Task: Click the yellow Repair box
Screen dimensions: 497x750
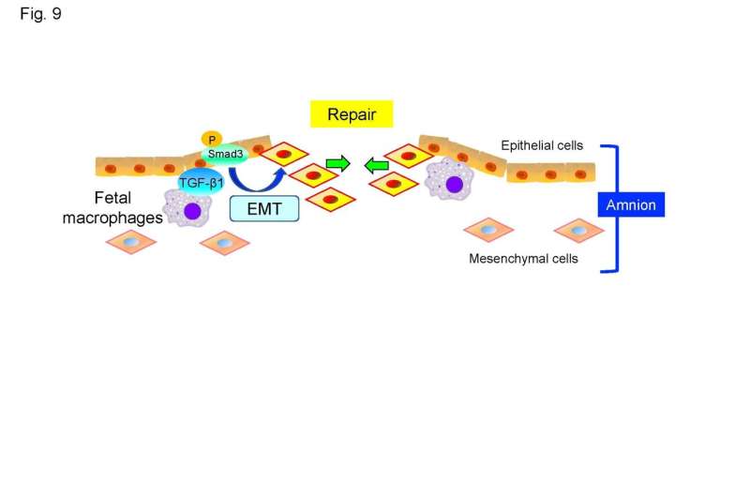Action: click(352, 115)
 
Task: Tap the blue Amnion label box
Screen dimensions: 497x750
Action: click(631, 204)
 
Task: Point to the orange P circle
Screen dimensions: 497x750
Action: click(211, 139)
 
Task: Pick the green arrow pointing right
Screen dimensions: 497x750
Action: click(337, 165)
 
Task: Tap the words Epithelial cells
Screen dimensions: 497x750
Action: click(542, 146)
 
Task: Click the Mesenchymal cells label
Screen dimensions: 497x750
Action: click(523, 259)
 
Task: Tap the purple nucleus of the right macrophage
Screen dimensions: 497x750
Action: click(455, 183)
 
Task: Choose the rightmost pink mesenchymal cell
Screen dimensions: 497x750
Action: click(578, 230)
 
